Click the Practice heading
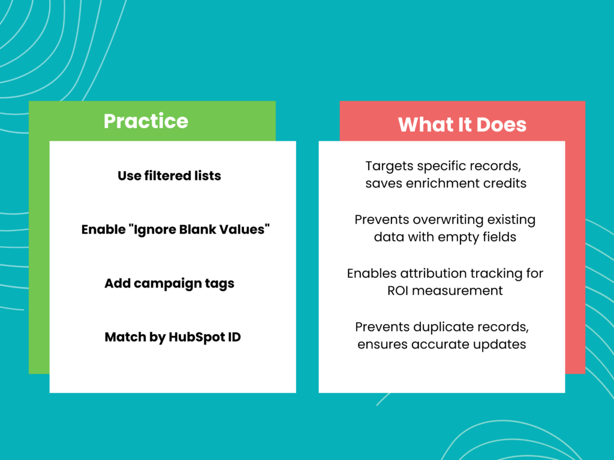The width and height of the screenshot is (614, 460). click(146, 121)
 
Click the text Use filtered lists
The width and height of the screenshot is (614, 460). click(169, 176)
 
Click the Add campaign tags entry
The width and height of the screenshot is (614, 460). click(169, 283)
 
